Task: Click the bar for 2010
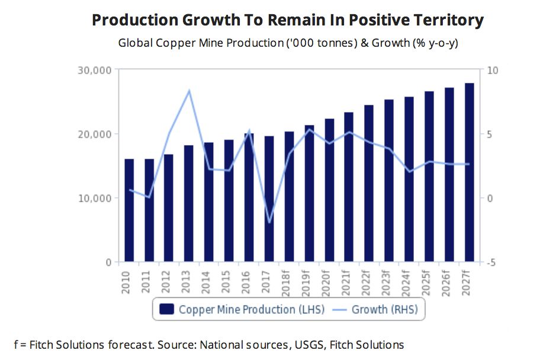pyautogui.click(x=129, y=210)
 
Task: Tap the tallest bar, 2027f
pyautogui.click(x=469, y=172)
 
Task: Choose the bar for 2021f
pyautogui.click(x=349, y=187)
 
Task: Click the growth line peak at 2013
pyautogui.click(x=189, y=91)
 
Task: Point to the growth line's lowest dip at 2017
pyautogui.click(x=269, y=223)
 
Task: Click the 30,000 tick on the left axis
pyautogui.click(x=95, y=70)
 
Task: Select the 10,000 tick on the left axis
pyautogui.click(x=95, y=198)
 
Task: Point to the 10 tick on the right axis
pyautogui.click(x=493, y=70)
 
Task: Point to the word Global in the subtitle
pyautogui.click(x=133, y=43)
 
